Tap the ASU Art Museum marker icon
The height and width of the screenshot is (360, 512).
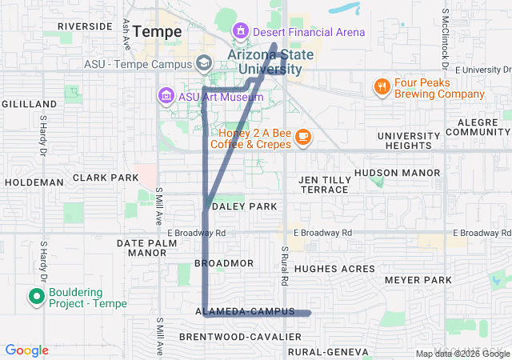pos(166,97)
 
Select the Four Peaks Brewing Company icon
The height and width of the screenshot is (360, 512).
pos(383,86)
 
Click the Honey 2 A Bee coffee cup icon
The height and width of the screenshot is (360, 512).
pos(302,137)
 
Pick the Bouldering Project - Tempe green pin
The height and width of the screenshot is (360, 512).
pos(36,298)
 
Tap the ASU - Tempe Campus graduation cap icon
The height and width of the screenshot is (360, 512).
pos(204,63)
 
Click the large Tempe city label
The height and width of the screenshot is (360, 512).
pos(157,31)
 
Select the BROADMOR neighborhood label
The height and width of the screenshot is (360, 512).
pos(224,263)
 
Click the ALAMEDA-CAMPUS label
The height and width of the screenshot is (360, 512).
pos(245,310)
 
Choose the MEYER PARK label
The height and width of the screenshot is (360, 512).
pos(418,280)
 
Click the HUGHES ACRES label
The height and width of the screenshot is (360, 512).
pos(341,270)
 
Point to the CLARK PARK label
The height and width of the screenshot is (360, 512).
pos(106,178)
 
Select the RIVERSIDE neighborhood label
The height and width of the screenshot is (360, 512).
pos(84,26)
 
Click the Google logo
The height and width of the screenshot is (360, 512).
pos(26,350)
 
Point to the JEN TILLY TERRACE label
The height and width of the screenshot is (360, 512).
pos(324,185)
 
